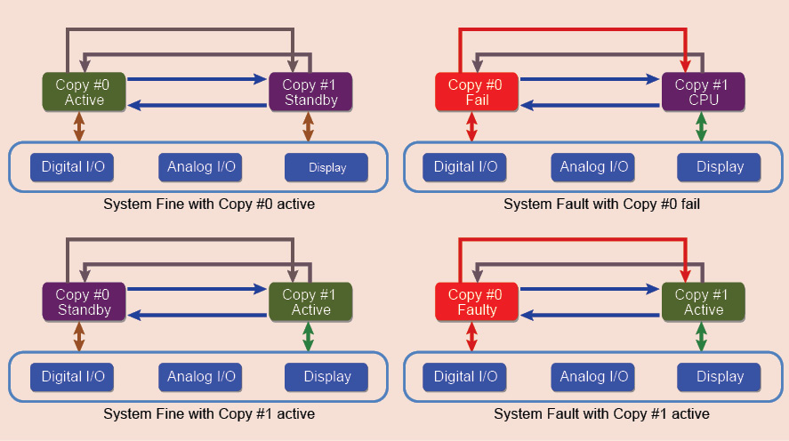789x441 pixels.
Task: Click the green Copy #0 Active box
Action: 85,92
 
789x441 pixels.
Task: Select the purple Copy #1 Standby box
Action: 310,92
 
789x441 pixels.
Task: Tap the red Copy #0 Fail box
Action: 475,92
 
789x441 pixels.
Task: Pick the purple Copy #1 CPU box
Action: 702,92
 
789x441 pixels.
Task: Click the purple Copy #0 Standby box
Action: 84,302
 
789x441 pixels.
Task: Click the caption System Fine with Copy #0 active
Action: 209,204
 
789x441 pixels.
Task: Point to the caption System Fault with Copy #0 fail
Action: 601,204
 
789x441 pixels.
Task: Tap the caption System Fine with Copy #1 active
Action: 209,414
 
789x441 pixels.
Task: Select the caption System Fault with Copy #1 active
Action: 601,414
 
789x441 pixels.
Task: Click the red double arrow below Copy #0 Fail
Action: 471,127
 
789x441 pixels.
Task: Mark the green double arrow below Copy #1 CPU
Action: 701,127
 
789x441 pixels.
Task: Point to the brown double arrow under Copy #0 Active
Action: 79,127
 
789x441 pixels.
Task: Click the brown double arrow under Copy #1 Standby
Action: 309,127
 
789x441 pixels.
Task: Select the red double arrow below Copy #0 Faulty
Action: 471,337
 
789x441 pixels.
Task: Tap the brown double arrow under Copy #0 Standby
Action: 79,337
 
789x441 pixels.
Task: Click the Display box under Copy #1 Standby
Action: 327,167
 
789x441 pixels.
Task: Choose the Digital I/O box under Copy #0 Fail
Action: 464,167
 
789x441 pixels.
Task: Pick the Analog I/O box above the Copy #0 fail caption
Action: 593,167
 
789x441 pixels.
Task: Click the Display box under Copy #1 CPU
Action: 720,167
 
